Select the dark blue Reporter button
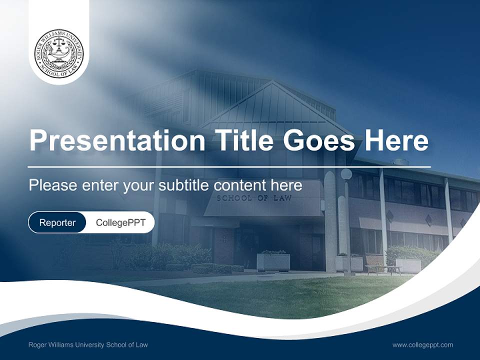click(57, 222)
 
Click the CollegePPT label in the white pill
click(120, 222)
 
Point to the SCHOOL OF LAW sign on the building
click(254, 198)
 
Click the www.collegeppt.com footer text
click(422, 344)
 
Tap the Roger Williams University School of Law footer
click(88, 344)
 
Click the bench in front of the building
click(383, 269)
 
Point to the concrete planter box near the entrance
click(273, 261)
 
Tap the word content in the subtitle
click(239, 185)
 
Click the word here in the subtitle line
click(286, 185)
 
